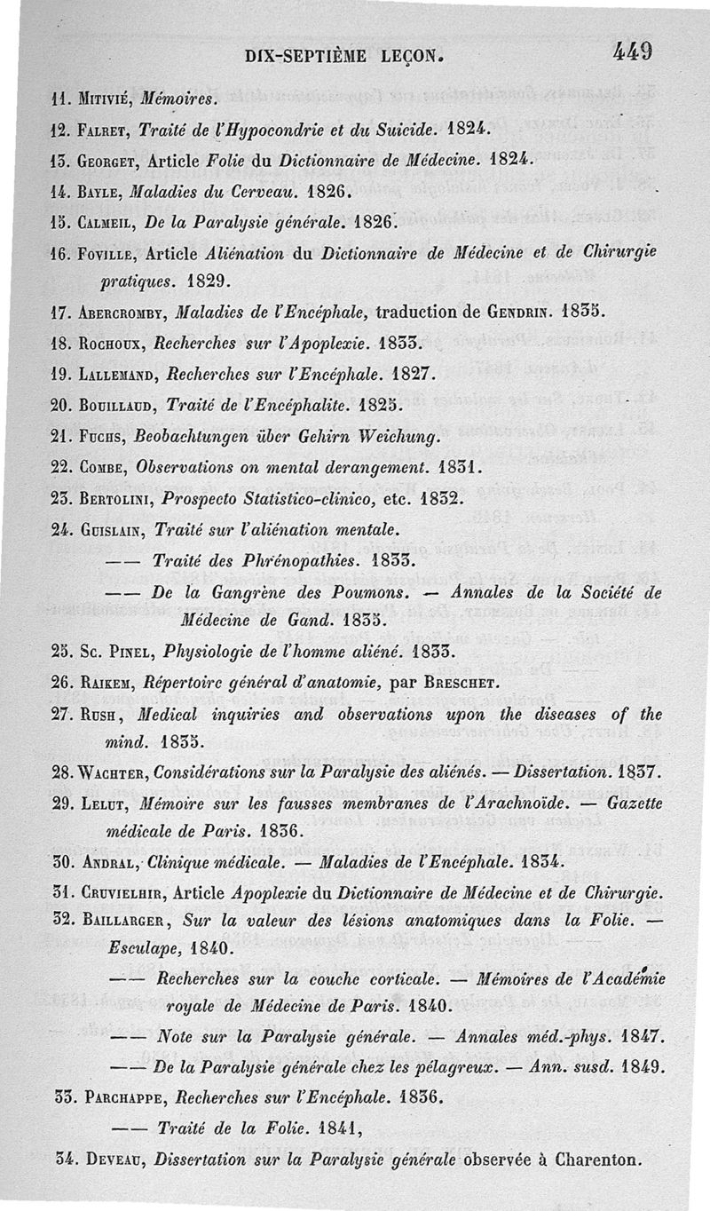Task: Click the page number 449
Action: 632,51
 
